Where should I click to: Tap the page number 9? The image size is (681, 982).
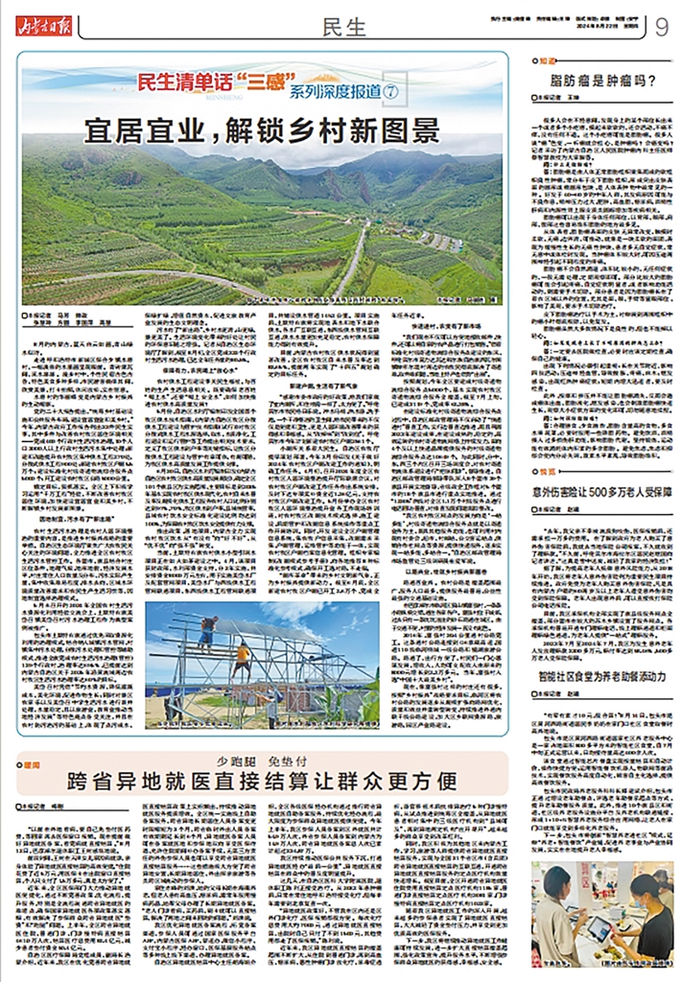[x=662, y=27]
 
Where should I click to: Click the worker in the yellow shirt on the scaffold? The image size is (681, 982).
[x=244, y=659]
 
